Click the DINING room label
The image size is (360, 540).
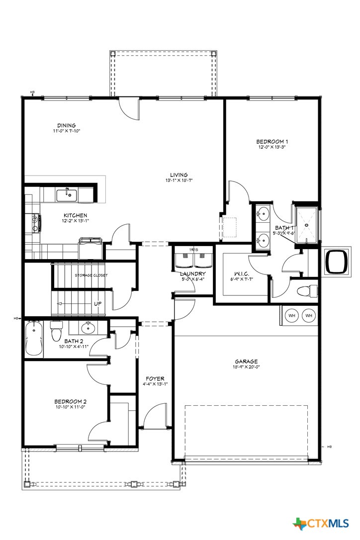pyautogui.click(x=66, y=125)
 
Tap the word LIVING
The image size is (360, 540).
pyautogui.click(x=179, y=175)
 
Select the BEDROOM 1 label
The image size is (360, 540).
pyautogui.click(x=272, y=141)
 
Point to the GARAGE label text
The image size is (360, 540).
pyautogui.click(x=247, y=361)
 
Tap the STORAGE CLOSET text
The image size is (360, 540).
pyautogui.click(x=91, y=275)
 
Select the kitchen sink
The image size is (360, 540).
pyautogui.click(x=66, y=194)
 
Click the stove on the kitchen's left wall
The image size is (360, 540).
pyautogui.click(x=35, y=223)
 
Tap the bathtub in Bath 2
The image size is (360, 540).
pyautogui.click(x=33, y=338)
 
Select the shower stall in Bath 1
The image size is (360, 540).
pyautogui.click(x=306, y=225)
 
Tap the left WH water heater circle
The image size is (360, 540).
pyautogui.click(x=292, y=315)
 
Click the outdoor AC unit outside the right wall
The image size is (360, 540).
pyautogui.click(x=337, y=261)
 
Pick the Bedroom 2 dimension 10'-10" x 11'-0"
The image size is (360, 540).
pyautogui.click(x=71, y=407)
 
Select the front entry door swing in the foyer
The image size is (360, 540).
pyautogui.click(x=156, y=415)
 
